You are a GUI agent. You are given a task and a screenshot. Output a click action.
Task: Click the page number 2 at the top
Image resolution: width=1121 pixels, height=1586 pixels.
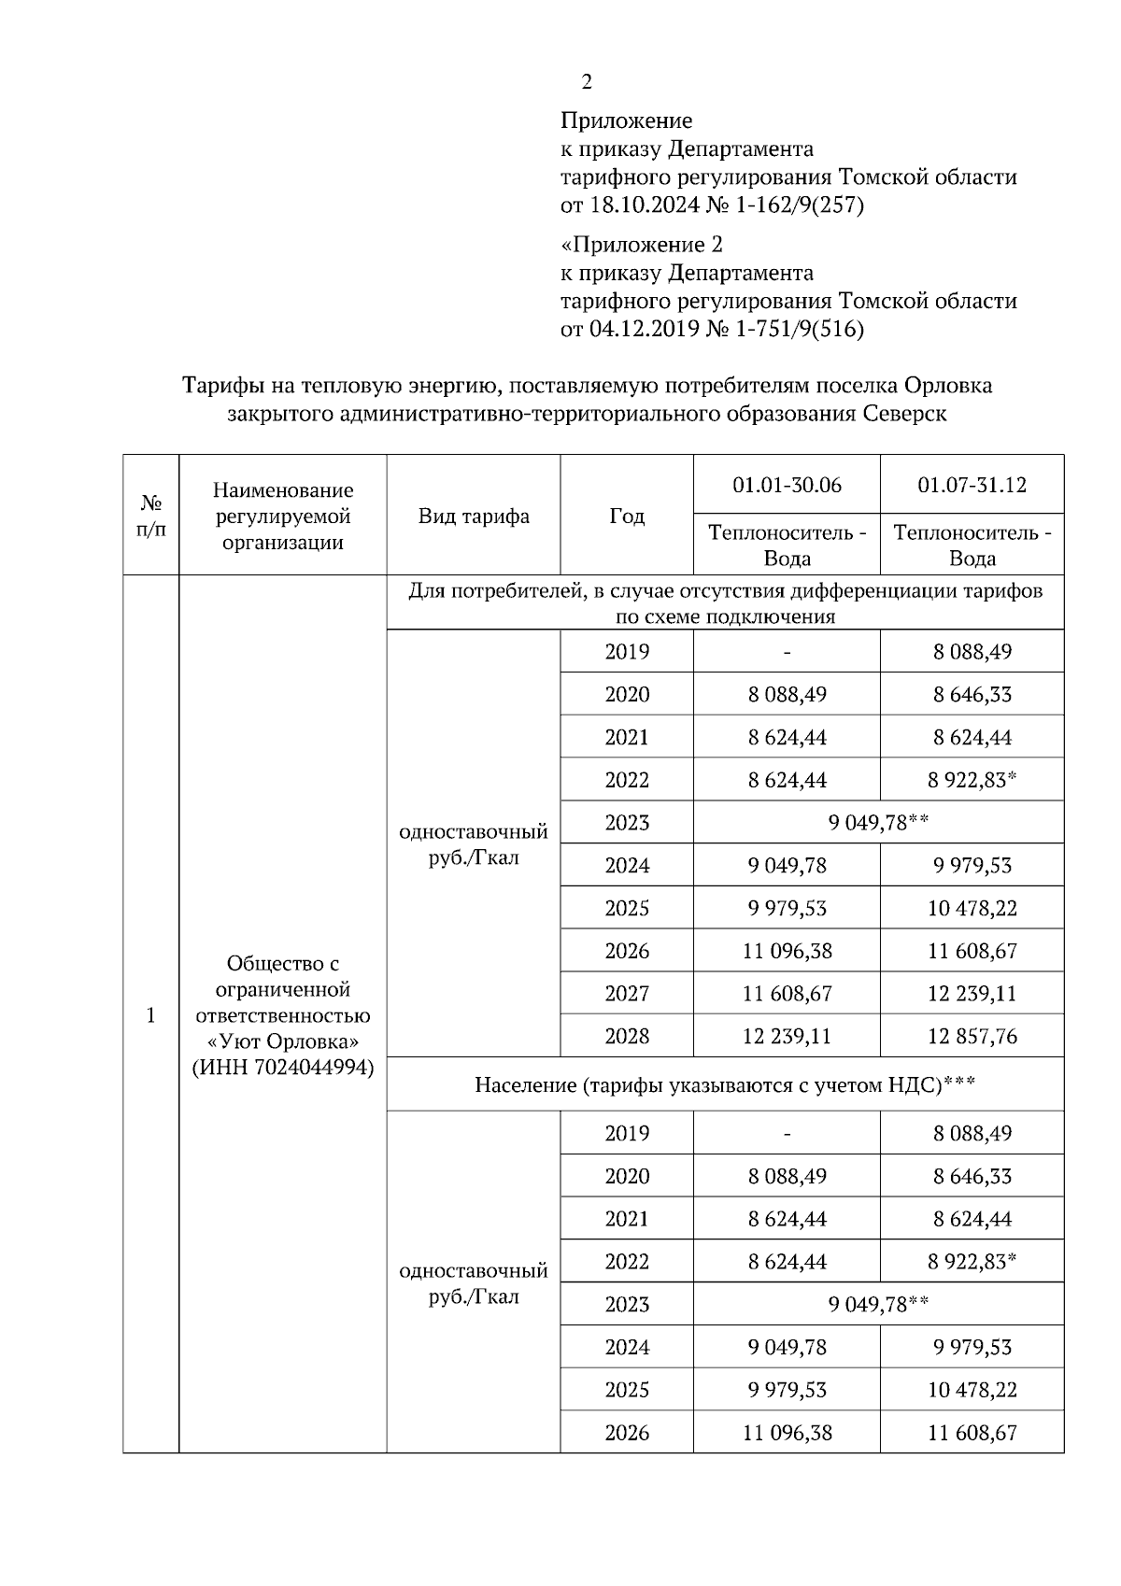587,82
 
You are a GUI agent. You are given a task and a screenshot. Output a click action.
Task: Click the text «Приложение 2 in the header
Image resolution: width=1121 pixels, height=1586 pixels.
642,245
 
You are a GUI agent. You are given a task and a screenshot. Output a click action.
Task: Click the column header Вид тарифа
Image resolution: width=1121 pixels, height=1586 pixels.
474,516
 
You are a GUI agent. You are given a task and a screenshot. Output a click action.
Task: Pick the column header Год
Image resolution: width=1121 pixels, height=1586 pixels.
627,516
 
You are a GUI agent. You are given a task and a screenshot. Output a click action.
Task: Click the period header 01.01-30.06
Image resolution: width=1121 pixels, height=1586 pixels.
787,485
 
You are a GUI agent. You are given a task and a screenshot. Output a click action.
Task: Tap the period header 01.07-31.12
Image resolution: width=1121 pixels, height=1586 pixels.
972,485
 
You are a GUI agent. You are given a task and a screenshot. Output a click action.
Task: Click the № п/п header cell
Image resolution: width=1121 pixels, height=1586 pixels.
151,516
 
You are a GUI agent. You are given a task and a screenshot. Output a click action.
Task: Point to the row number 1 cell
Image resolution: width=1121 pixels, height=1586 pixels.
151,1015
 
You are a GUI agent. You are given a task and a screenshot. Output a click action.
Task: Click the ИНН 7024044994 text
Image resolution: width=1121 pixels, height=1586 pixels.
283,1067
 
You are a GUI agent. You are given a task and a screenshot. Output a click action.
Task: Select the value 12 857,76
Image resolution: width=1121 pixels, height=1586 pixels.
972,1036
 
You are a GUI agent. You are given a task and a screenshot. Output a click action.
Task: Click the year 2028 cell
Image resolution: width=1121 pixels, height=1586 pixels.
627,1036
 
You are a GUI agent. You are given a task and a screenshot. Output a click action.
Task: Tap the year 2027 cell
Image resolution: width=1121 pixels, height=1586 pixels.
627,993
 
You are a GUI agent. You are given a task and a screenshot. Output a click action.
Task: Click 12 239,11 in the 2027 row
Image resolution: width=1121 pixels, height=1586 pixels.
972,993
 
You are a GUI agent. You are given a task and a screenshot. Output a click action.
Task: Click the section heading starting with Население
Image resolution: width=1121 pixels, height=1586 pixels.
725,1084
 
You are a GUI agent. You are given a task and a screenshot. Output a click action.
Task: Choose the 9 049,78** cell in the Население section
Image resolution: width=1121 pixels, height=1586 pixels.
878,1304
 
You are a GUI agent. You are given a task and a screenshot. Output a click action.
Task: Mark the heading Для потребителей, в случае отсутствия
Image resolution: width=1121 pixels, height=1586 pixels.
725,590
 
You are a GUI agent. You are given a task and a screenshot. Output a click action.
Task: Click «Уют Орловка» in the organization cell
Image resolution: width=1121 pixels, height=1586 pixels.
283,1041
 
